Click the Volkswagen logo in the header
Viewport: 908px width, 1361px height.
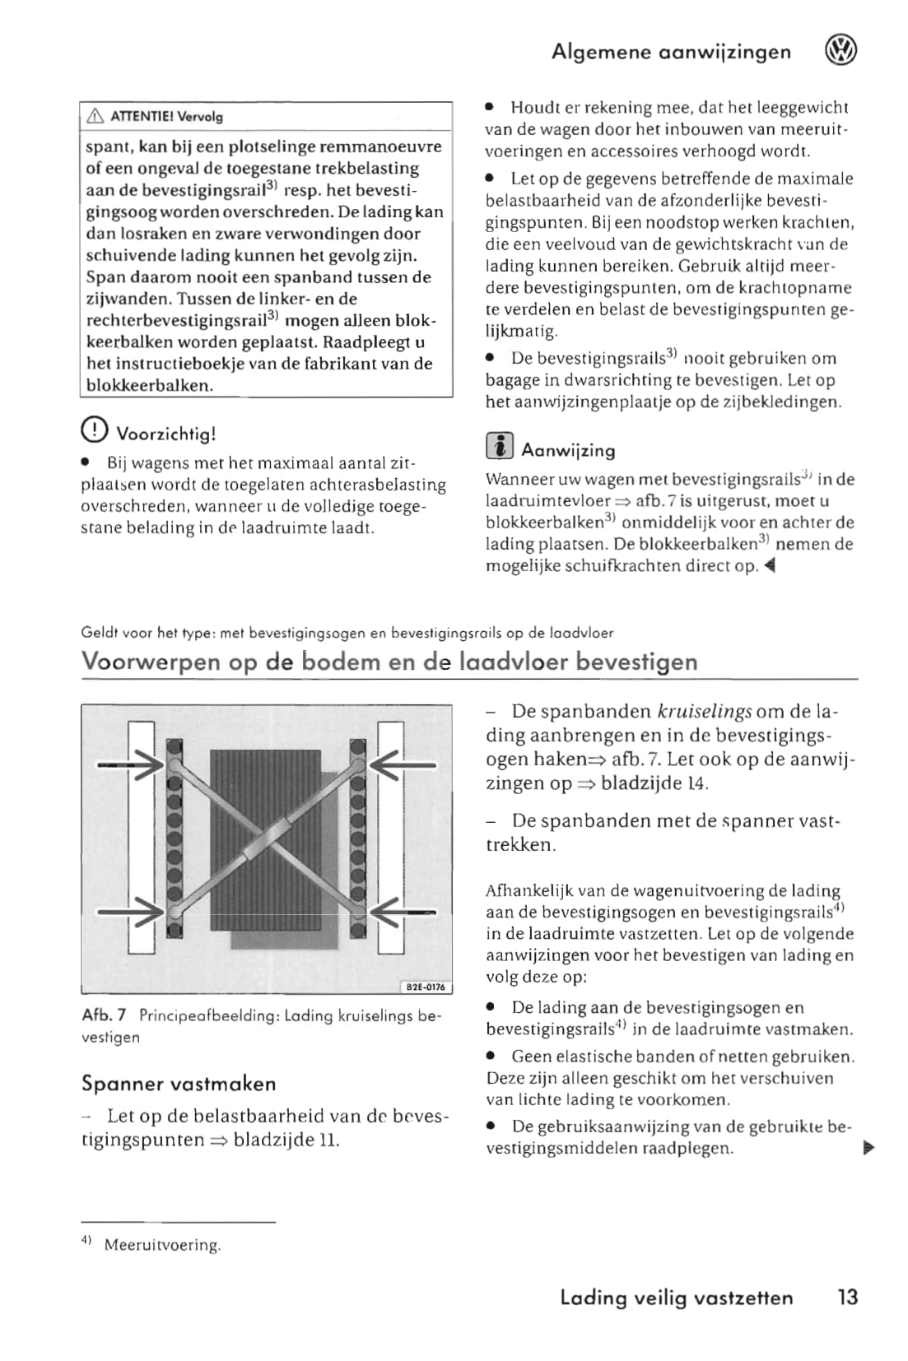click(840, 51)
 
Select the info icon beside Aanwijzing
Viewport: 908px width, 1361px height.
click(499, 447)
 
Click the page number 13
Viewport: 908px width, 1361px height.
click(847, 1298)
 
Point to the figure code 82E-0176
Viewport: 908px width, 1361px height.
click(426, 987)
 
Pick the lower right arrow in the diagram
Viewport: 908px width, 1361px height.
click(403, 912)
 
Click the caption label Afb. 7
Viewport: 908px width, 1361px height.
click(104, 1015)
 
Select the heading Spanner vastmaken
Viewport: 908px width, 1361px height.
click(179, 1084)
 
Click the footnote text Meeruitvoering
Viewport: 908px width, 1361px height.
click(162, 1245)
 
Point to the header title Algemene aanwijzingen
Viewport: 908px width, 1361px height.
click(671, 52)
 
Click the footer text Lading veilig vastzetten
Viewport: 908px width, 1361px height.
click(676, 1298)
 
